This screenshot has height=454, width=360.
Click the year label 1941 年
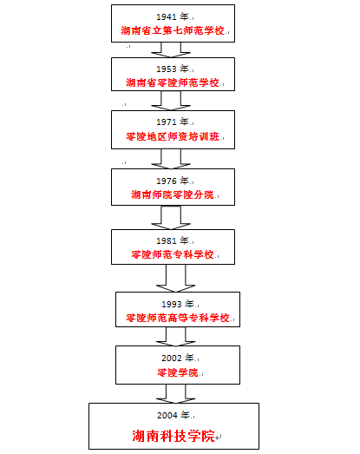point(173,16)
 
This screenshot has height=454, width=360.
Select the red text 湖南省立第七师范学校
point(173,30)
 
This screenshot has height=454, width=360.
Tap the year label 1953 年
point(173,69)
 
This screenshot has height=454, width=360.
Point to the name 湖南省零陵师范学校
point(173,82)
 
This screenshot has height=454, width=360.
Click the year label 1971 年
point(173,122)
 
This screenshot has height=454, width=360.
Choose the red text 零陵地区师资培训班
point(173,136)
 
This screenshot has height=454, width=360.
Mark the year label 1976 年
point(173,181)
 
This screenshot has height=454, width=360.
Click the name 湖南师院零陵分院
point(173,194)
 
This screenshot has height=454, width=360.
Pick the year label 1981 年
point(173,241)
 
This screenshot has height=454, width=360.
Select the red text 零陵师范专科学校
point(173,254)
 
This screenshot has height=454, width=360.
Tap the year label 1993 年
point(178,305)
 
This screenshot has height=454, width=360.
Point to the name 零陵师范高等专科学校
point(178,318)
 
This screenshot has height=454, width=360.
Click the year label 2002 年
point(178,359)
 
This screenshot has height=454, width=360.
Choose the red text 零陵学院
point(178,372)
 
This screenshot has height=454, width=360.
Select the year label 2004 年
point(173,415)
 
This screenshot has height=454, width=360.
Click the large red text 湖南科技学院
point(173,436)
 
